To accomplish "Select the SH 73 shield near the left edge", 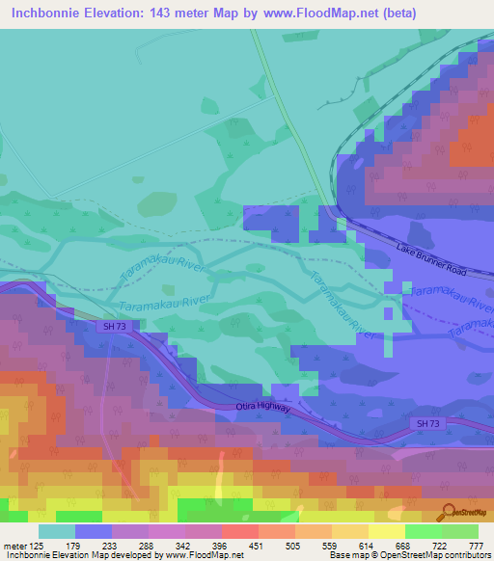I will pyautogui.click(x=113, y=328).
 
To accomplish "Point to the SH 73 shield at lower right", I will pyautogui.click(x=427, y=423).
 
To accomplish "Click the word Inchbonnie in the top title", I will pyautogui.click(x=46, y=13).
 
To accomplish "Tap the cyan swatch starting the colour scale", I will pyautogui.click(x=56, y=531).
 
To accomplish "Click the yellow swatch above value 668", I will pyautogui.click(x=386, y=531).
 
